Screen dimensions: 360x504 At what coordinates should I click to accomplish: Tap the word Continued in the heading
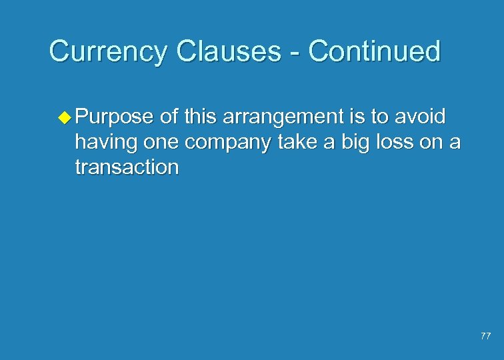(x=374, y=51)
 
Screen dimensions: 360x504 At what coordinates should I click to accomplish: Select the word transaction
(x=127, y=167)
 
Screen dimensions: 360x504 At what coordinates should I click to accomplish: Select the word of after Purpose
(x=169, y=117)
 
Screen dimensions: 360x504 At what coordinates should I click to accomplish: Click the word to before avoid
(x=379, y=117)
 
